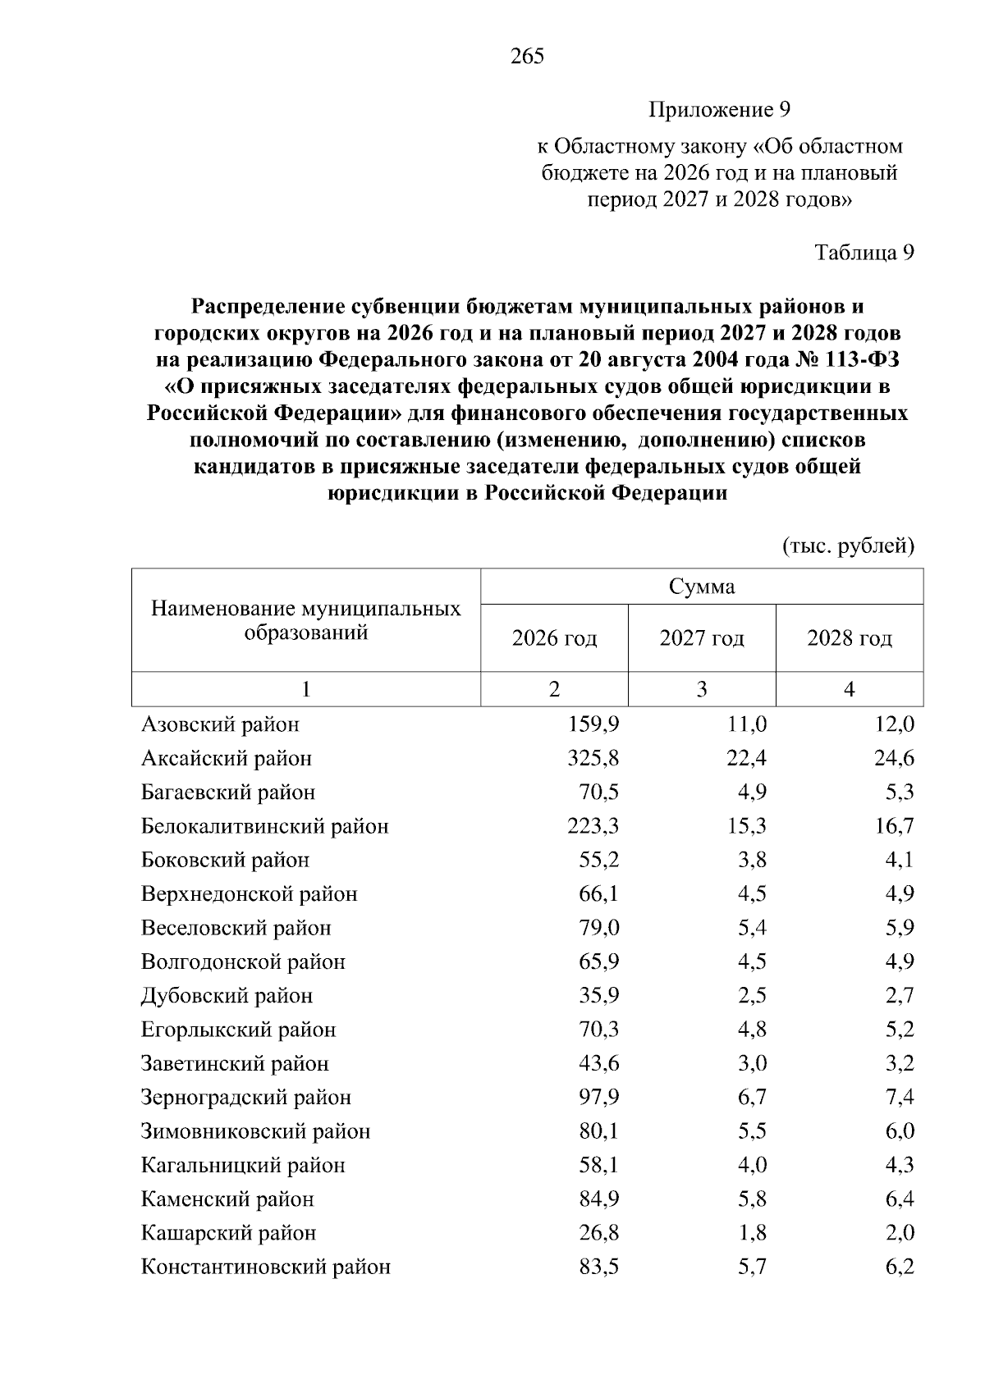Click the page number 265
(527, 57)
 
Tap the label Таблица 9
(864, 253)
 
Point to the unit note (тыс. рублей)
(847, 546)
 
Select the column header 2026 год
(554, 638)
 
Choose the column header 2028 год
(850, 638)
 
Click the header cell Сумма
(702, 586)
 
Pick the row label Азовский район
(220, 724)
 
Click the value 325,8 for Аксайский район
(593, 758)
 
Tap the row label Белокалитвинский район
(264, 826)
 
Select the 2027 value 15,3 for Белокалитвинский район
(746, 826)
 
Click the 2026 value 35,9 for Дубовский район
(598, 996)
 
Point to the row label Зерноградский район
(246, 1098)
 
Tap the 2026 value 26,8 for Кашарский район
(598, 1233)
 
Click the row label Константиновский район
(266, 1267)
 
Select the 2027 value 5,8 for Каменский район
(751, 1199)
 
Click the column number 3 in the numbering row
(702, 689)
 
